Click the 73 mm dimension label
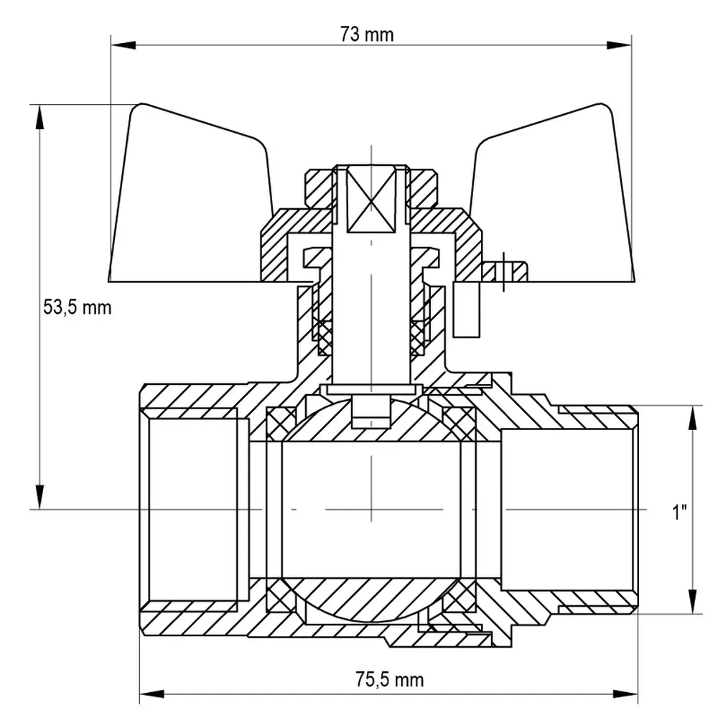[366, 34]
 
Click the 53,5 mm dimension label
[78, 307]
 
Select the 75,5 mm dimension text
[390, 679]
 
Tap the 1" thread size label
[680, 511]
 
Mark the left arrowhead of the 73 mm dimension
[123, 45]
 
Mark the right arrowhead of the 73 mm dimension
[619, 45]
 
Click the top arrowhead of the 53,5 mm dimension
[40, 118]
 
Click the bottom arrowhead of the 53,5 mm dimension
[40, 496]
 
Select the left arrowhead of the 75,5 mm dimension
[152, 694]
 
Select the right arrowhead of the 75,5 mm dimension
[625, 694]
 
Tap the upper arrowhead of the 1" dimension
[692, 418]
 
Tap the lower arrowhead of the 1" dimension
[692, 601]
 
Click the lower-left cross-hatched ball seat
[281, 595]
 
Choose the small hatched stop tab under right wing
[504, 271]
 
